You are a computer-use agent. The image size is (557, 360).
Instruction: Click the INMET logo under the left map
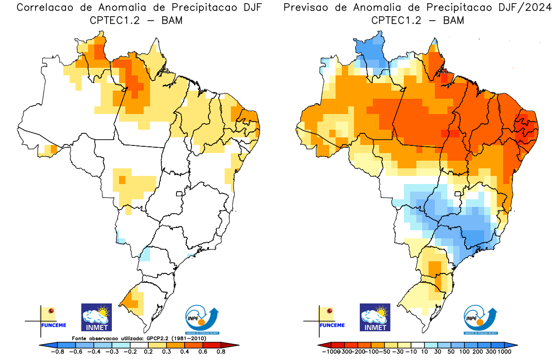96,317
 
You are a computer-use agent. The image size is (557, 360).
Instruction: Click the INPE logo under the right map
480,320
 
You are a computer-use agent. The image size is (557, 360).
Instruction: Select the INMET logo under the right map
375,317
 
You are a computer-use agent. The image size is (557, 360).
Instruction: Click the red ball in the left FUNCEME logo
51,311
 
